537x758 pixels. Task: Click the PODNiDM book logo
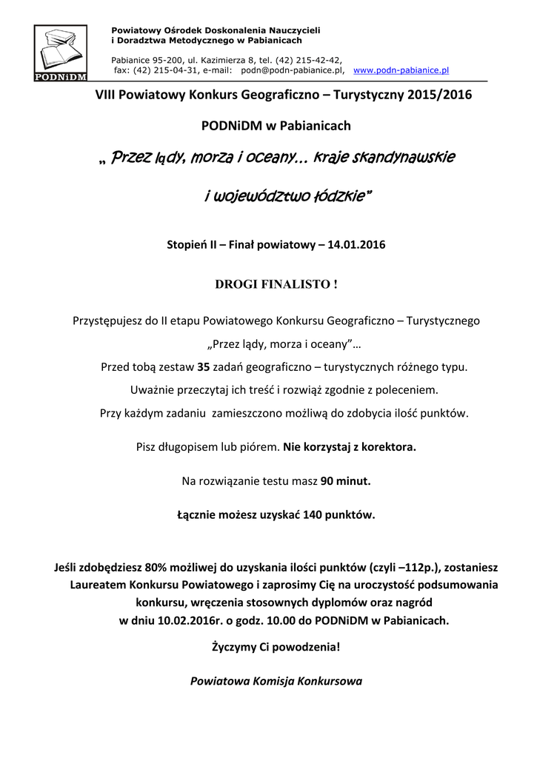pos(61,53)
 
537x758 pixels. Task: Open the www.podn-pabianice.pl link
pos(401,70)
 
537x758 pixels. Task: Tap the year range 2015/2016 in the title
pos(439,95)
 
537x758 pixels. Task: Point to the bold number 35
pos(204,366)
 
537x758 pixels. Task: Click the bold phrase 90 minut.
pos(345,481)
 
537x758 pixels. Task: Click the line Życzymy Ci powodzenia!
pos(276,646)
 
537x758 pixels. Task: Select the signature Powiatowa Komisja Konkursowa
pos(276,680)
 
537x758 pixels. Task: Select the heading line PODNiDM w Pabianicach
pos(276,126)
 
